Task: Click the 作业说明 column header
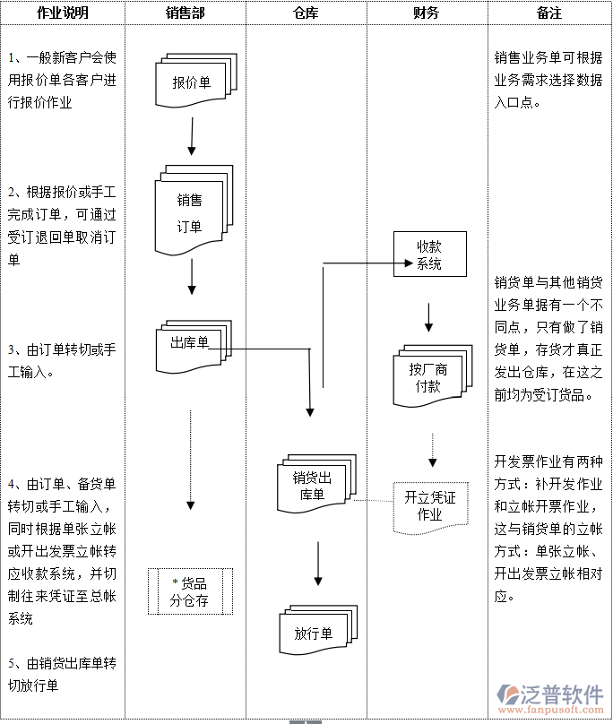click(x=63, y=13)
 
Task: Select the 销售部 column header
click(x=186, y=13)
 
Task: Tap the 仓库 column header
click(x=306, y=13)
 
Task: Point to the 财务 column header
click(x=427, y=13)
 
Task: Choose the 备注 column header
click(x=549, y=13)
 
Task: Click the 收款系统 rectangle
click(x=429, y=254)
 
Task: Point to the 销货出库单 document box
click(x=314, y=486)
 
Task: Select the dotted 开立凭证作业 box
click(x=430, y=506)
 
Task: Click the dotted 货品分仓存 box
click(x=190, y=591)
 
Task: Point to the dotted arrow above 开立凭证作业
click(x=432, y=450)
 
